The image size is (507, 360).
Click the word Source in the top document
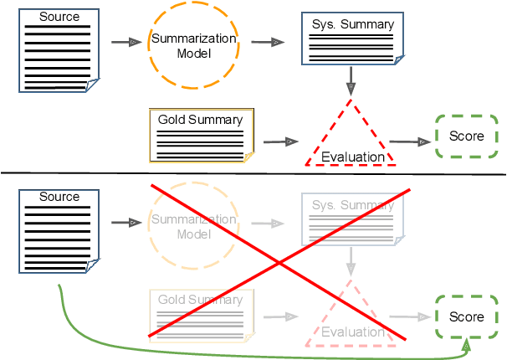[59, 17]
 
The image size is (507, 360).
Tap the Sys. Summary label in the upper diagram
[352, 24]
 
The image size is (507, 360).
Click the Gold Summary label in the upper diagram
[200, 119]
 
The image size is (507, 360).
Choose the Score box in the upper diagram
[466, 136]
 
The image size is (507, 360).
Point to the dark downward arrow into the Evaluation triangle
[351, 80]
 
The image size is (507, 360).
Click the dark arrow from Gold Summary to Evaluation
[280, 142]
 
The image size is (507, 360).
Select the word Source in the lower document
[59, 197]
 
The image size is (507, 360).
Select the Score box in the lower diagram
[466, 316]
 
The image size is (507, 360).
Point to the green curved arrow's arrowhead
[466, 344]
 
